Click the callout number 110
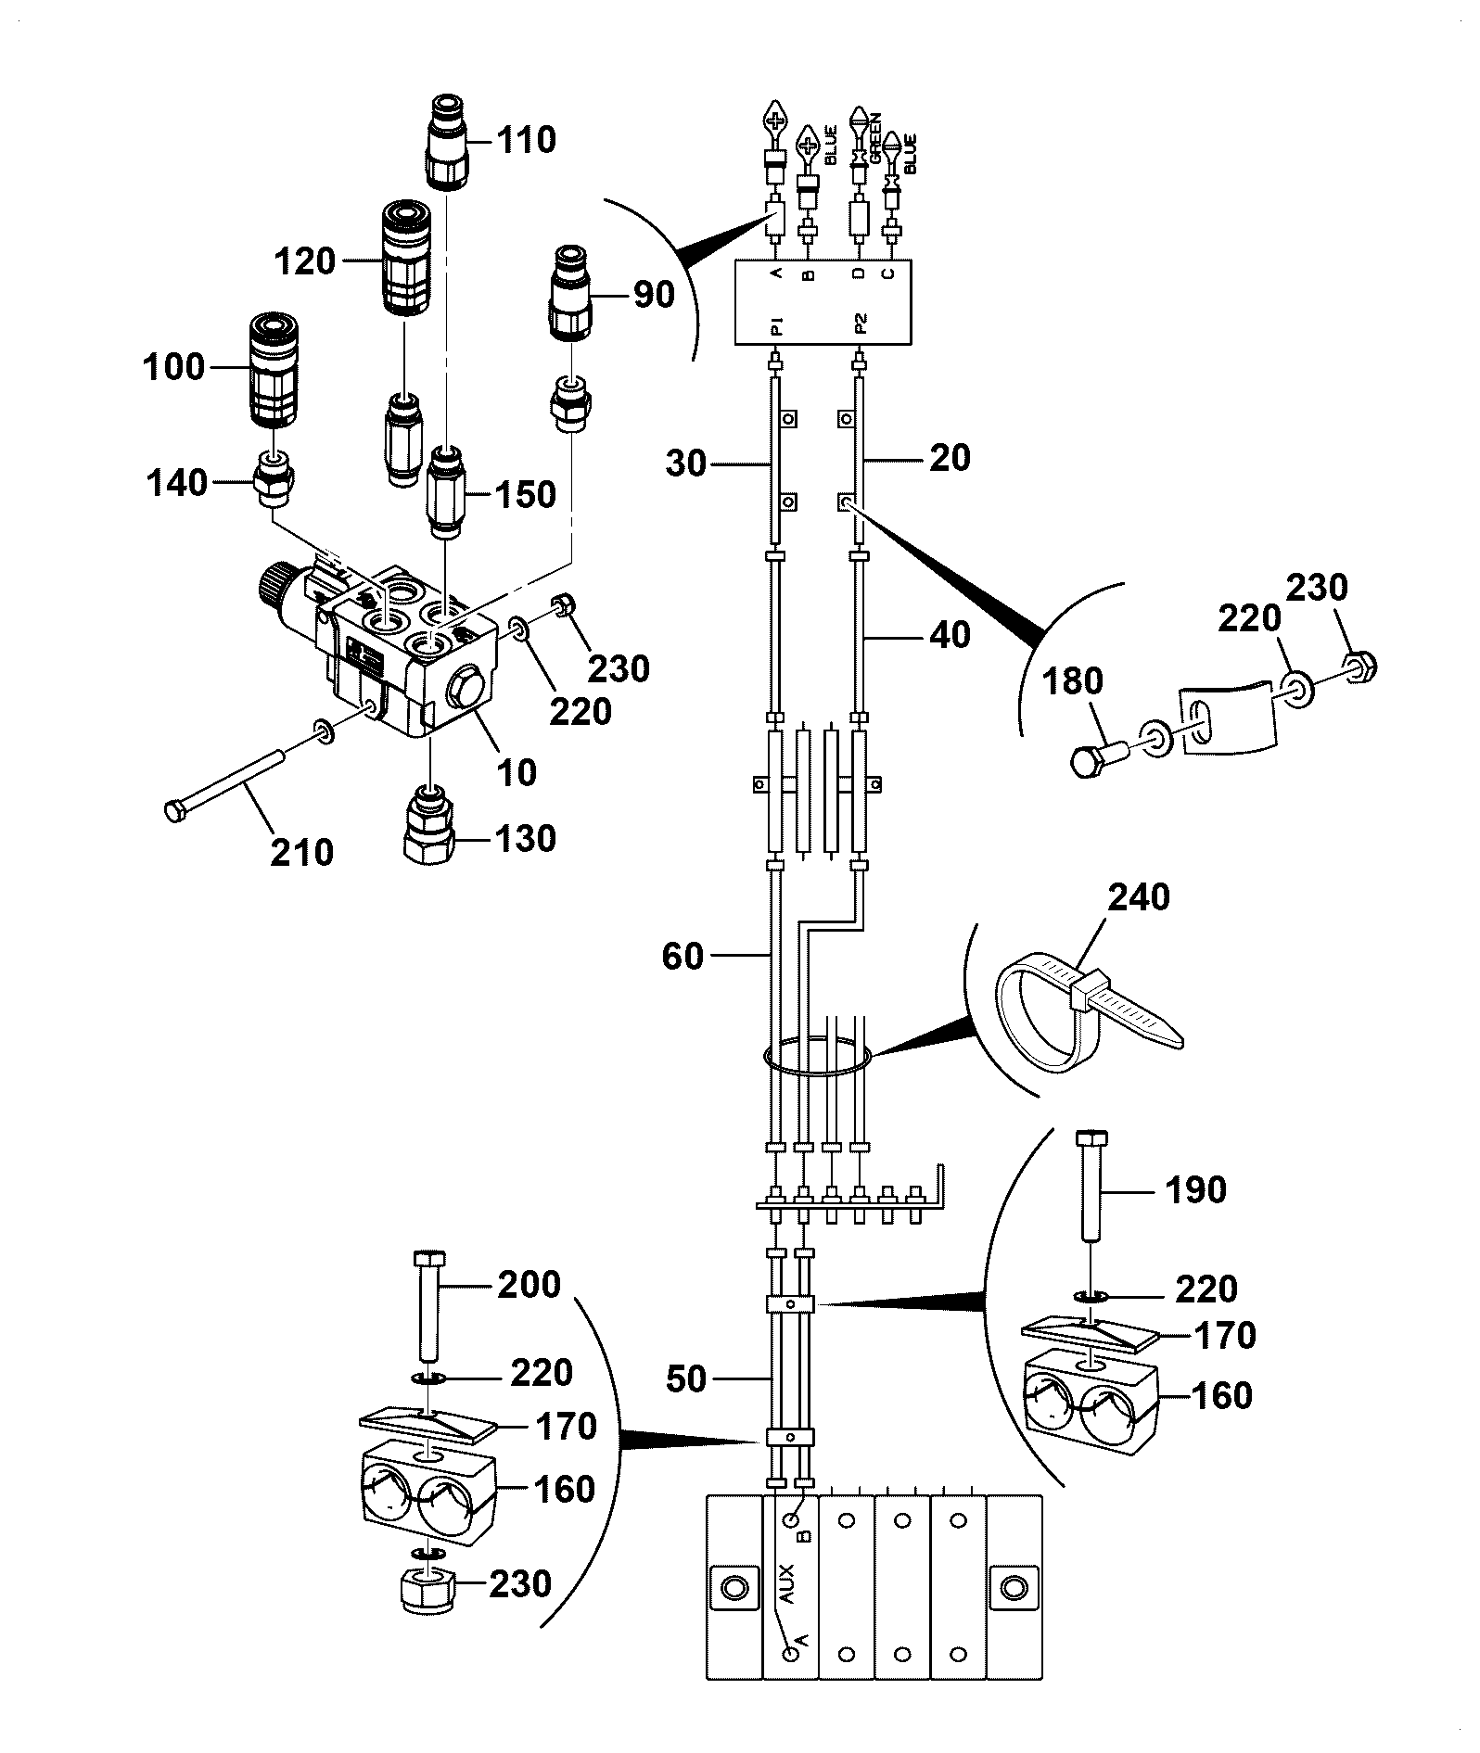(526, 140)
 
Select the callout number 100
(172, 366)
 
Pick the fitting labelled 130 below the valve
(427, 823)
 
